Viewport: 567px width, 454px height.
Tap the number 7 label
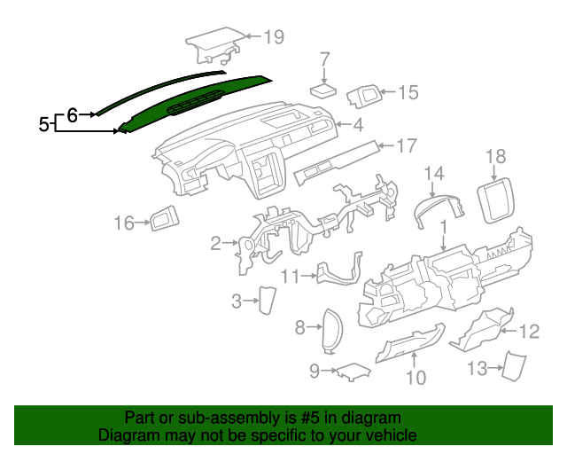tap(324, 59)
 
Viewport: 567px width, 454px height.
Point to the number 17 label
tap(405, 145)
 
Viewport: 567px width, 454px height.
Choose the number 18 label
tap(496, 157)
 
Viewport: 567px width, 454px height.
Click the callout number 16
tap(123, 223)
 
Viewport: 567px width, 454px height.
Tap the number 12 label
tap(528, 332)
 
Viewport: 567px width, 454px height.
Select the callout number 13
tap(478, 367)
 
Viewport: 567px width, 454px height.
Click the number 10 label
tap(416, 378)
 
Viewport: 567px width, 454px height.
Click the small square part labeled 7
tap(322, 90)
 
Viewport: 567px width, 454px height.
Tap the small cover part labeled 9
tap(351, 370)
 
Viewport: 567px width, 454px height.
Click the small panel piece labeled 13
tap(512, 365)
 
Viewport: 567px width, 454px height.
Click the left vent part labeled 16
tap(164, 219)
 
